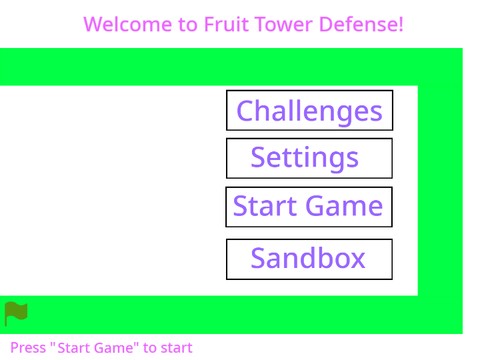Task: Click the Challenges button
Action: (309, 110)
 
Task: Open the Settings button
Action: (309, 158)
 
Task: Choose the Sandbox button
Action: (309, 259)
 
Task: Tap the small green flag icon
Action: (15, 313)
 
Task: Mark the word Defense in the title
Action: (360, 23)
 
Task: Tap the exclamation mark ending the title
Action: (401, 23)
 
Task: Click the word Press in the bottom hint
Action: (28, 348)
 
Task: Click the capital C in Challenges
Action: (246, 111)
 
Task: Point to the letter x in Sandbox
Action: (356, 260)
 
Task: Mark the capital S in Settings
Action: (260, 158)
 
